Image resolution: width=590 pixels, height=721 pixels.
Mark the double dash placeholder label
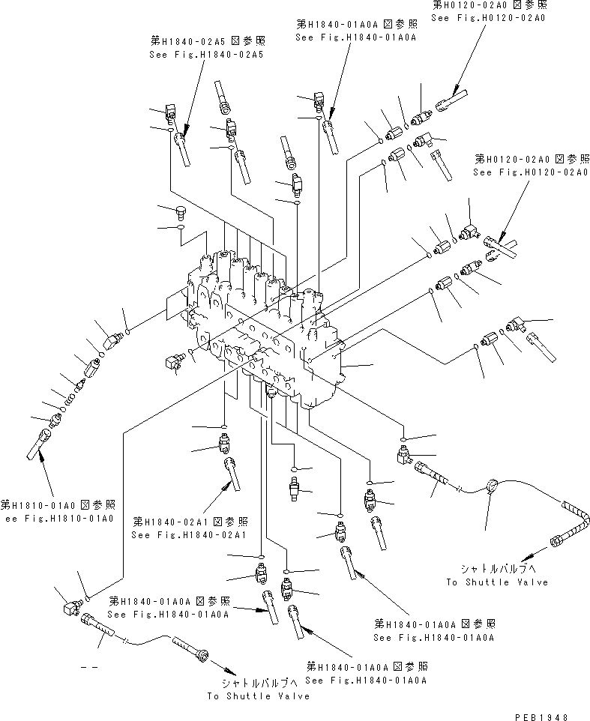click(x=91, y=665)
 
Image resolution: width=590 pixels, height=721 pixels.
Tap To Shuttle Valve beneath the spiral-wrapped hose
click(x=496, y=582)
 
